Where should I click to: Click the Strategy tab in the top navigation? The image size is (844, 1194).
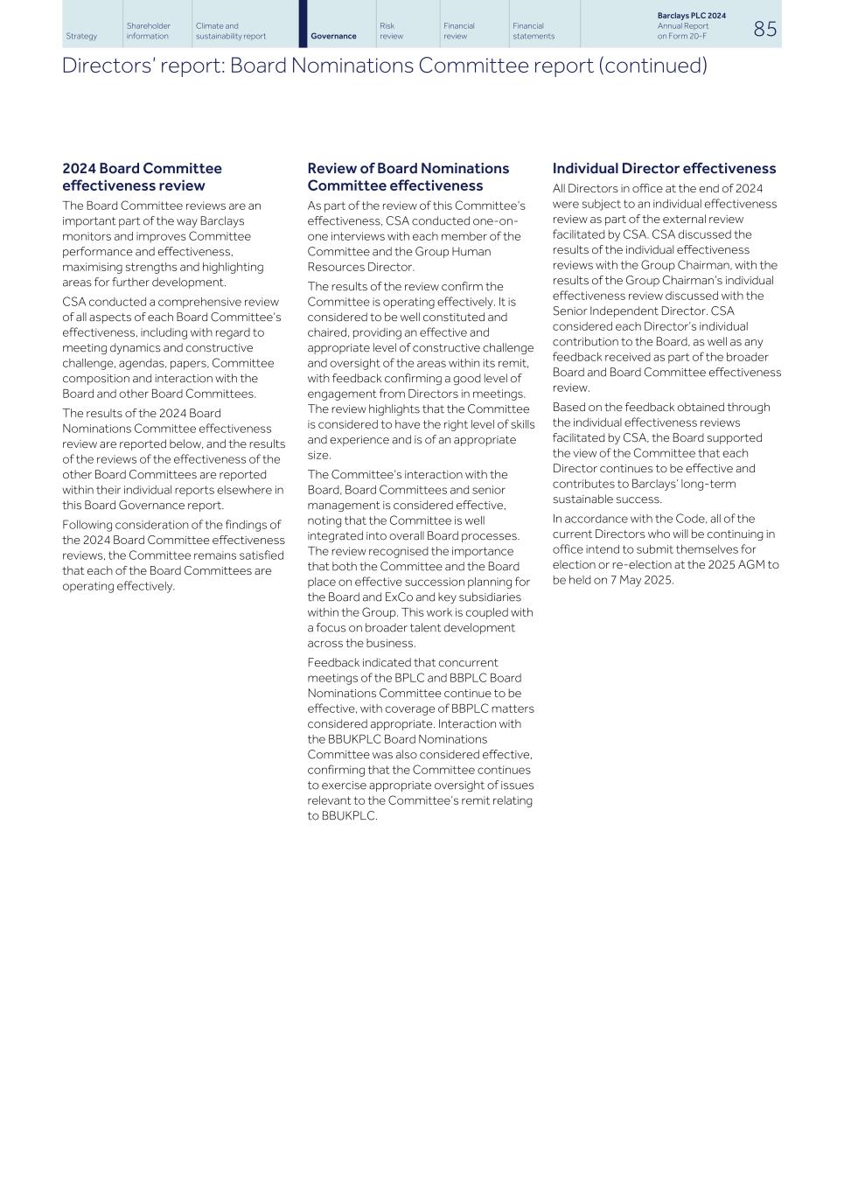(x=81, y=36)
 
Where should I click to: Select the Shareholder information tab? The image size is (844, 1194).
(x=148, y=31)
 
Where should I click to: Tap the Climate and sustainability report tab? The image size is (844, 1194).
(x=230, y=31)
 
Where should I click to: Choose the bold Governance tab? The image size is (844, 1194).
(x=333, y=36)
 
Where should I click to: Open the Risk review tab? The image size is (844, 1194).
(x=391, y=31)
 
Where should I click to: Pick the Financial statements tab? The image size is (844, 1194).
(x=533, y=31)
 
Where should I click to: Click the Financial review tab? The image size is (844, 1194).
(x=458, y=31)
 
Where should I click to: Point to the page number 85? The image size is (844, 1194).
(x=764, y=29)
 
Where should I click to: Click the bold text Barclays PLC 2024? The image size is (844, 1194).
(x=691, y=16)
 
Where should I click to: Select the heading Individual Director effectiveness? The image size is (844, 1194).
(x=664, y=168)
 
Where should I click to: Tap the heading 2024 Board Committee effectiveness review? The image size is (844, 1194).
(x=142, y=177)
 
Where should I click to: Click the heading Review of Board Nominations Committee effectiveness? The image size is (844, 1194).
(x=408, y=177)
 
